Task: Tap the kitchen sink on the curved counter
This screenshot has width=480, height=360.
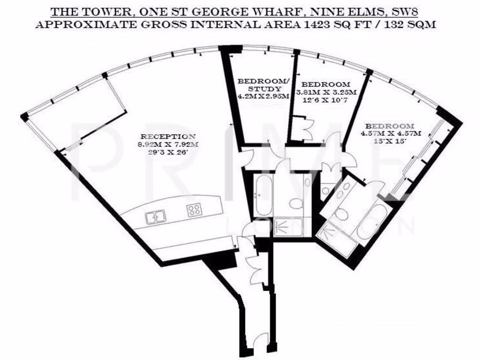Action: click(x=155, y=217)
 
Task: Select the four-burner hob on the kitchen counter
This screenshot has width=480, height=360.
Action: click(x=195, y=210)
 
